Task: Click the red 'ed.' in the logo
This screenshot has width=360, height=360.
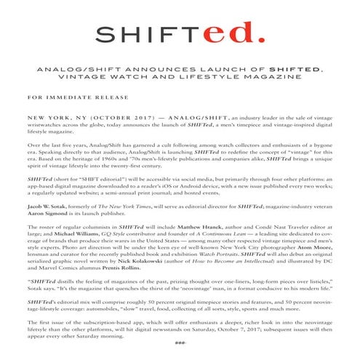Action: point(233,31)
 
